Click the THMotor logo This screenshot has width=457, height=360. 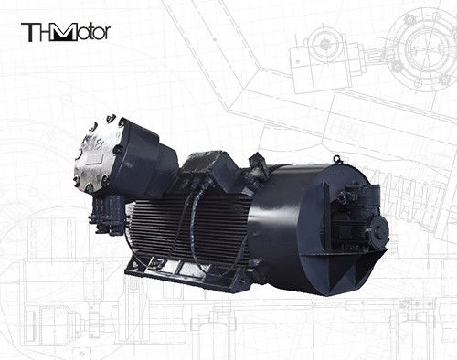click(66, 32)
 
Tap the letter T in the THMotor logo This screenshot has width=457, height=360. click(29, 32)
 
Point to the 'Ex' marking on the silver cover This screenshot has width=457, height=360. click(99, 143)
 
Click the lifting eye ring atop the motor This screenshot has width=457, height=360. click(336, 159)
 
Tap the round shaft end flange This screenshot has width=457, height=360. click(380, 231)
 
